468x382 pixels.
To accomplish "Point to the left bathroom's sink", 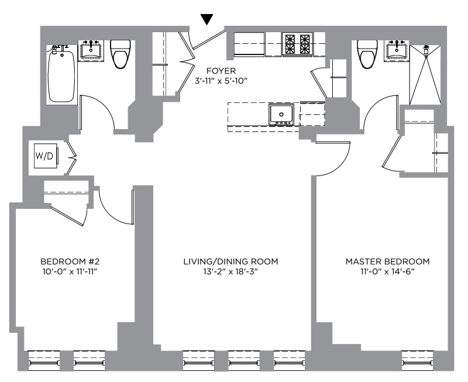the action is [x=91, y=50].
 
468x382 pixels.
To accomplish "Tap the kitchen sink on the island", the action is [x=281, y=114].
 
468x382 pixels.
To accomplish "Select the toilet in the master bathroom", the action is [x=367, y=54].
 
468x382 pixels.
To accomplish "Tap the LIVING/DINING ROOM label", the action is [x=230, y=261].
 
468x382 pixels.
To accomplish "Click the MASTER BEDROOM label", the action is [x=387, y=261].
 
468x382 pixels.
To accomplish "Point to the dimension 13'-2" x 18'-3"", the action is [x=230, y=272].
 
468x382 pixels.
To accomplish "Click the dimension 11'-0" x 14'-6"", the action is [x=387, y=272].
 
